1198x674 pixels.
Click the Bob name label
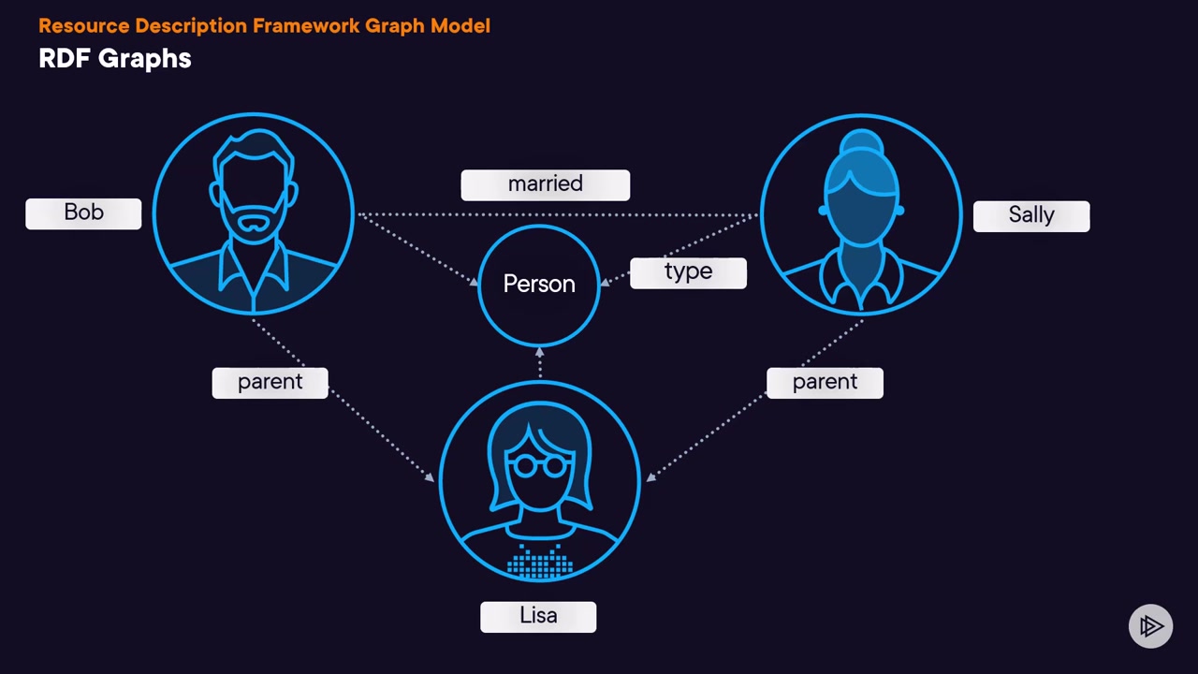coord(83,213)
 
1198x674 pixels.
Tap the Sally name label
coord(1030,215)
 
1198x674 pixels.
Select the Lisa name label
coord(538,616)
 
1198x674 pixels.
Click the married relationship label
coord(545,184)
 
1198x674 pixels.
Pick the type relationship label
coord(688,272)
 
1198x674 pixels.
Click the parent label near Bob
coord(270,382)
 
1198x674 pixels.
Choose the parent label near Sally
coord(824,382)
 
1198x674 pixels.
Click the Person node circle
coord(539,284)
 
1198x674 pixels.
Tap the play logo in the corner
coord(1150,626)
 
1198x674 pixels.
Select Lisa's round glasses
coord(539,464)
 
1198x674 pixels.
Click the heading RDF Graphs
coord(115,58)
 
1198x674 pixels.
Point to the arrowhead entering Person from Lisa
coord(539,352)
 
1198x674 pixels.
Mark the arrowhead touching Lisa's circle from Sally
coord(650,476)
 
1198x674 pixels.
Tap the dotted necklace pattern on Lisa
coord(539,563)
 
